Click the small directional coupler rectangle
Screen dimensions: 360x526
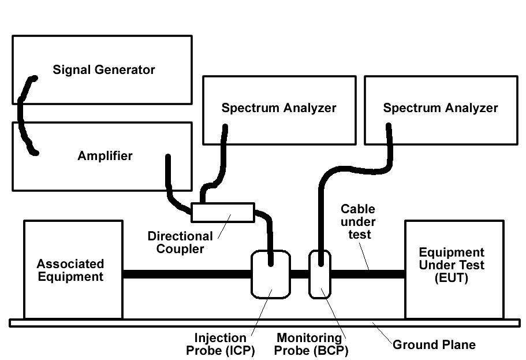point(223,212)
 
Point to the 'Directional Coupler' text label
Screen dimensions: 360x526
point(180,243)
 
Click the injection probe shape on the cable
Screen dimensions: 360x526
point(270,273)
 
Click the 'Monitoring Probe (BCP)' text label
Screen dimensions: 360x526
point(312,344)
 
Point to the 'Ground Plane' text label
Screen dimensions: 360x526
point(434,345)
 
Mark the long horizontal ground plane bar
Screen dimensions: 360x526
point(173,323)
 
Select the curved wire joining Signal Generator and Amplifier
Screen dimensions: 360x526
point(21,116)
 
